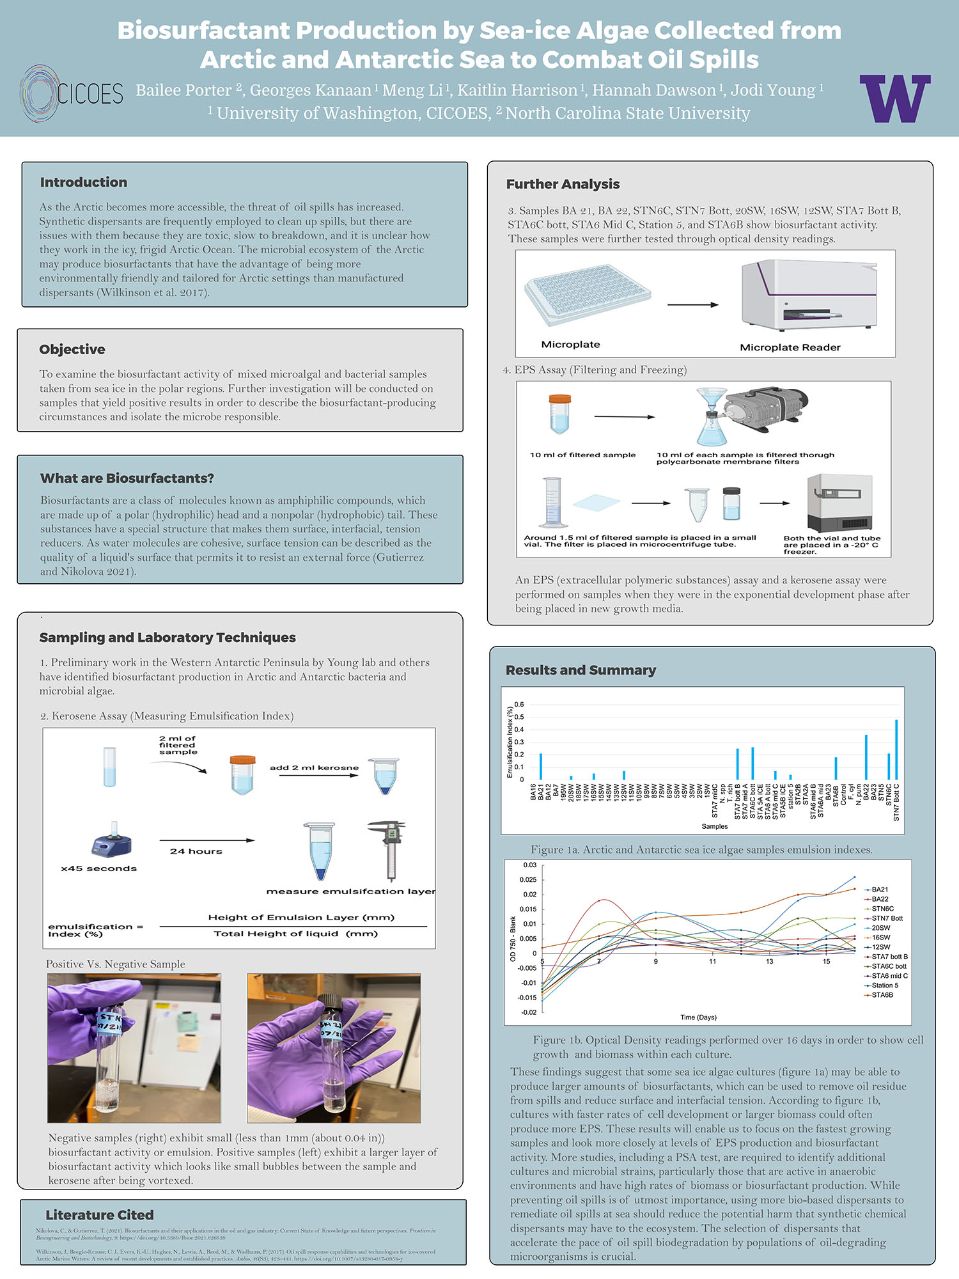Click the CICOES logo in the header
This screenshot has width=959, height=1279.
(x=70, y=93)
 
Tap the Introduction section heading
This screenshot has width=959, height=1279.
(x=84, y=182)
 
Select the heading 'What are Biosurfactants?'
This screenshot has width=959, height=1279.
(x=127, y=478)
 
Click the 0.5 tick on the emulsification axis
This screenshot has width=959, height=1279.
(x=519, y=717)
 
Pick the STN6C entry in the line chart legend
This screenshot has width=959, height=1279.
(x=882, y=909)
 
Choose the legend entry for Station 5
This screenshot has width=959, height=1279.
(x=884, y=985)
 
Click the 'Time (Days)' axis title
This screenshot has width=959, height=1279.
(x=698, y=1017)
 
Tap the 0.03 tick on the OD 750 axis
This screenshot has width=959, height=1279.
(x=530, y=865)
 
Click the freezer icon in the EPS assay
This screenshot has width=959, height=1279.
(x=839, y=503)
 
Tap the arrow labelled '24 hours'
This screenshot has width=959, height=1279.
(x=207, y=840)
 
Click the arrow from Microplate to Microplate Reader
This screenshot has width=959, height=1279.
(x=692, y=305)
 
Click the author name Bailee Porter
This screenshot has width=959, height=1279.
(x=183, y=90)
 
